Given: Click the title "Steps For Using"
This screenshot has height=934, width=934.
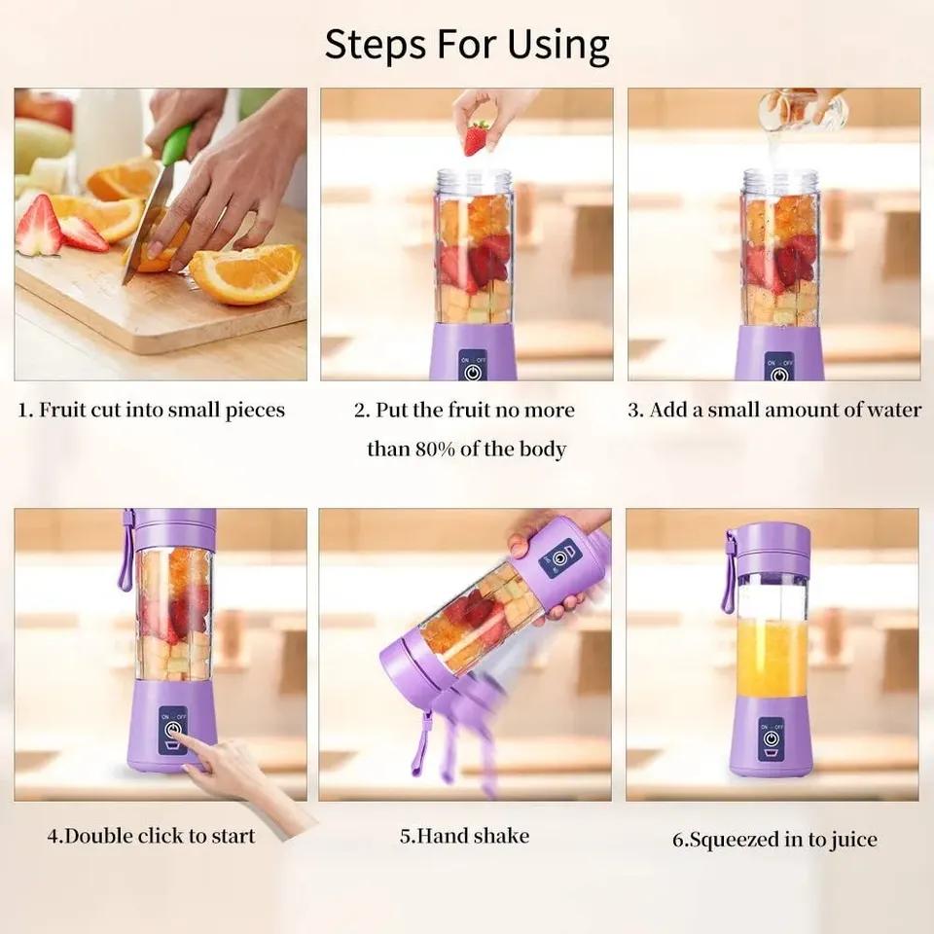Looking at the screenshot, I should (x=467, y=44).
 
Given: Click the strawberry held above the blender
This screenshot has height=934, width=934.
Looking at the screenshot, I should (x=476, y=137).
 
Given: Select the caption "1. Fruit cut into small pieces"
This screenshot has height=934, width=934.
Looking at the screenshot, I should (x=152, y=410).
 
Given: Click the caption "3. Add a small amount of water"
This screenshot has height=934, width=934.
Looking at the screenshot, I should (x=773, y=410).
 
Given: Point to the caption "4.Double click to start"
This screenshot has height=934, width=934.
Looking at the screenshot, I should (x=151, y=836).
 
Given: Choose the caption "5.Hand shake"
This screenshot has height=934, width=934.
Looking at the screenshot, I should (x=465, y=836).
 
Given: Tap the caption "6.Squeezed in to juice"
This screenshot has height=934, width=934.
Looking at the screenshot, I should (x=774, y=839).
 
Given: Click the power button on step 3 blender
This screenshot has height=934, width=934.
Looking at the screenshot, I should (x=778, y=372).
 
